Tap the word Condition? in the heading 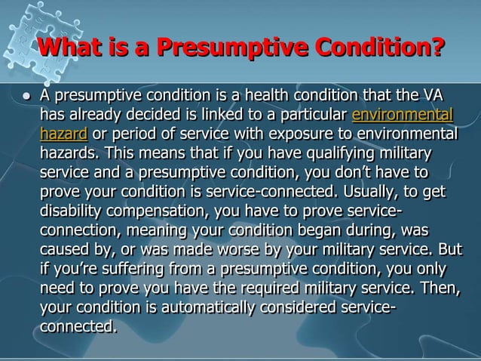tap(371, 48)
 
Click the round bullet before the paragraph tap(26, 97)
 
